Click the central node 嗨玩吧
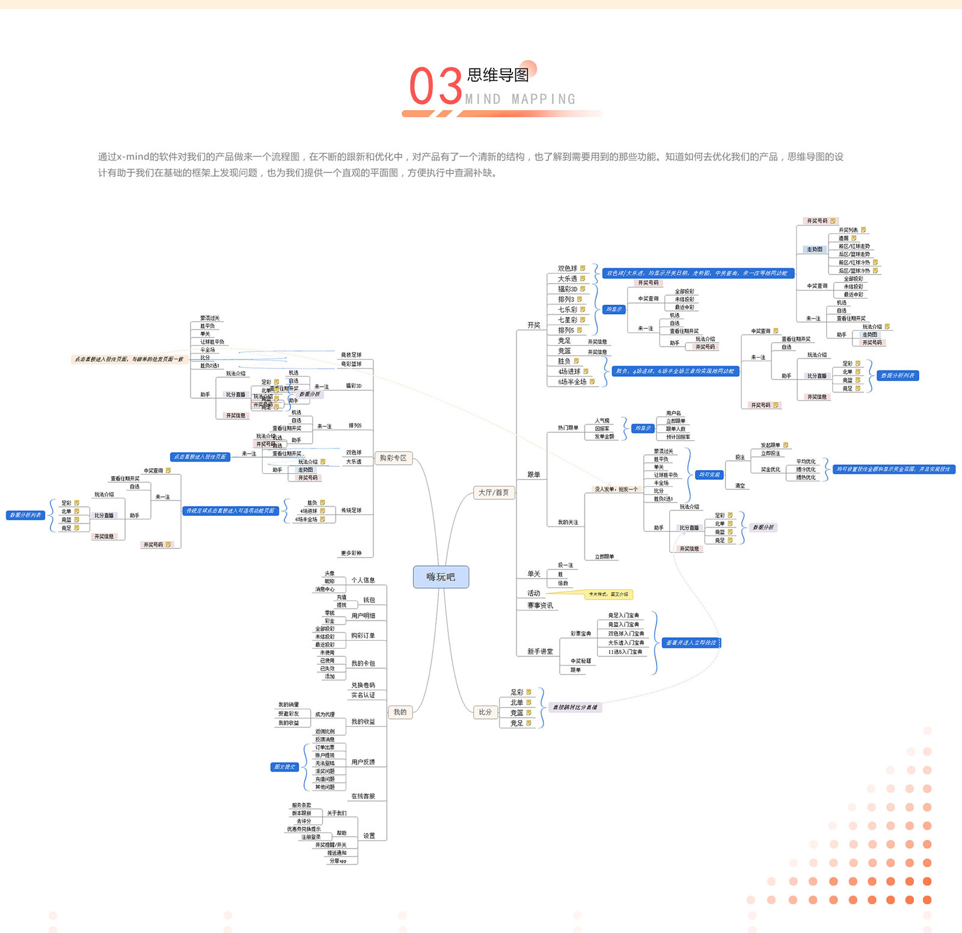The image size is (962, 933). [441, 577]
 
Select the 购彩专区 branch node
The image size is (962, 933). [393, 458]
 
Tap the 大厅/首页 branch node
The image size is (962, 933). [494, 492]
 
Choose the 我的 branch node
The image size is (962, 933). [400, 712]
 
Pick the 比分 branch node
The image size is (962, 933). [485, 712]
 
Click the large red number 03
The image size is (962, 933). [436, 87]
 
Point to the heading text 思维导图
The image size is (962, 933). [498, 75]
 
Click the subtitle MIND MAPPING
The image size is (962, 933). [520, 99]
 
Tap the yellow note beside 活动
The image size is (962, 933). [608, 594]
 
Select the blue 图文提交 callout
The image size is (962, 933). [284, 767]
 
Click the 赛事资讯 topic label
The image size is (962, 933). [540, 605]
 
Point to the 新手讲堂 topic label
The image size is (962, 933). [540, 651]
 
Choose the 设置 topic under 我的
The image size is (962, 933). [369, 836]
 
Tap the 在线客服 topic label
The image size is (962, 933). [363, 796]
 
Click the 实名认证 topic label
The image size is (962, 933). [363, 695]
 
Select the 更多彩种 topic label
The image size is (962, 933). [351, 553]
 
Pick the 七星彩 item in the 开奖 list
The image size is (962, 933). [568, 320]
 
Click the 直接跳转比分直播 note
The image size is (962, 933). [575, 707]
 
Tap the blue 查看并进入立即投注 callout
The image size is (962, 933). [691, 643]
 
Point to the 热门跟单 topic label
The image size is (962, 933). [568, 427]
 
